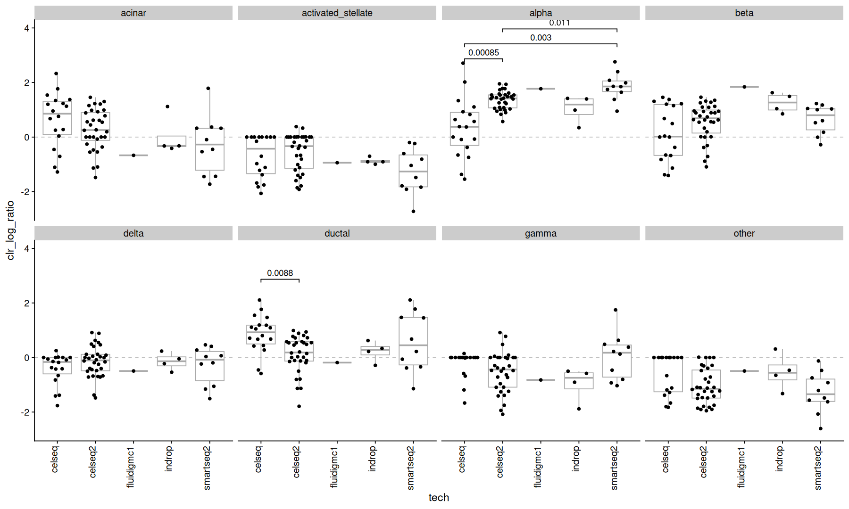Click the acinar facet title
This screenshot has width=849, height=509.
(x=133, y=13)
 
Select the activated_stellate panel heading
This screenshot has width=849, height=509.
(x=337, y=13)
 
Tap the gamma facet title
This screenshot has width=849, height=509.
(x=541, y=233)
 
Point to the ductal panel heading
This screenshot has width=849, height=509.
(x=337, y=233)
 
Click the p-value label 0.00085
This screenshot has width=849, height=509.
(x=483, y=53)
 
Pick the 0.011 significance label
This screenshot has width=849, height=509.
(x=559, y=23)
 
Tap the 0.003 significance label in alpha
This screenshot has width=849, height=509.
(x=541, y=38)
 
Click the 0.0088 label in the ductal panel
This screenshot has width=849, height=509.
(x=280, y=273)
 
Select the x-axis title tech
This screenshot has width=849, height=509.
(x=439, y=498)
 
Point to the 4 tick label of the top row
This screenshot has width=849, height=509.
(x=27, y=28)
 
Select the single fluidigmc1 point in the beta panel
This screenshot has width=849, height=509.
(x=744, y=87)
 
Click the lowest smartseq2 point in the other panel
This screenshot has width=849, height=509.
(x=821, y=428)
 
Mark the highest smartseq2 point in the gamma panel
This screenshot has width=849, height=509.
(x=616, y=310)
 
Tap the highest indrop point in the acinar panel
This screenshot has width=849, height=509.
(x=167, y=107)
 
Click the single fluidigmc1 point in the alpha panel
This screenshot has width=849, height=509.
(x=541, y=89)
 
